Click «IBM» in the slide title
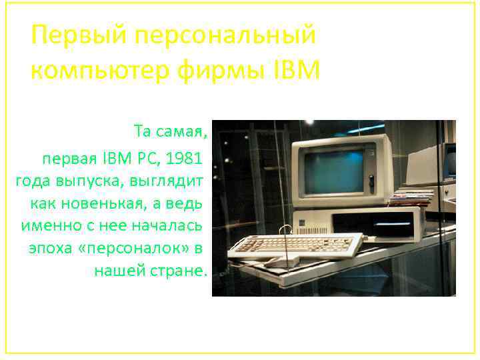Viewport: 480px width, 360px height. [x=297, y=68]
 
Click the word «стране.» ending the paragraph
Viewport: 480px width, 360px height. [x=182, y=271]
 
